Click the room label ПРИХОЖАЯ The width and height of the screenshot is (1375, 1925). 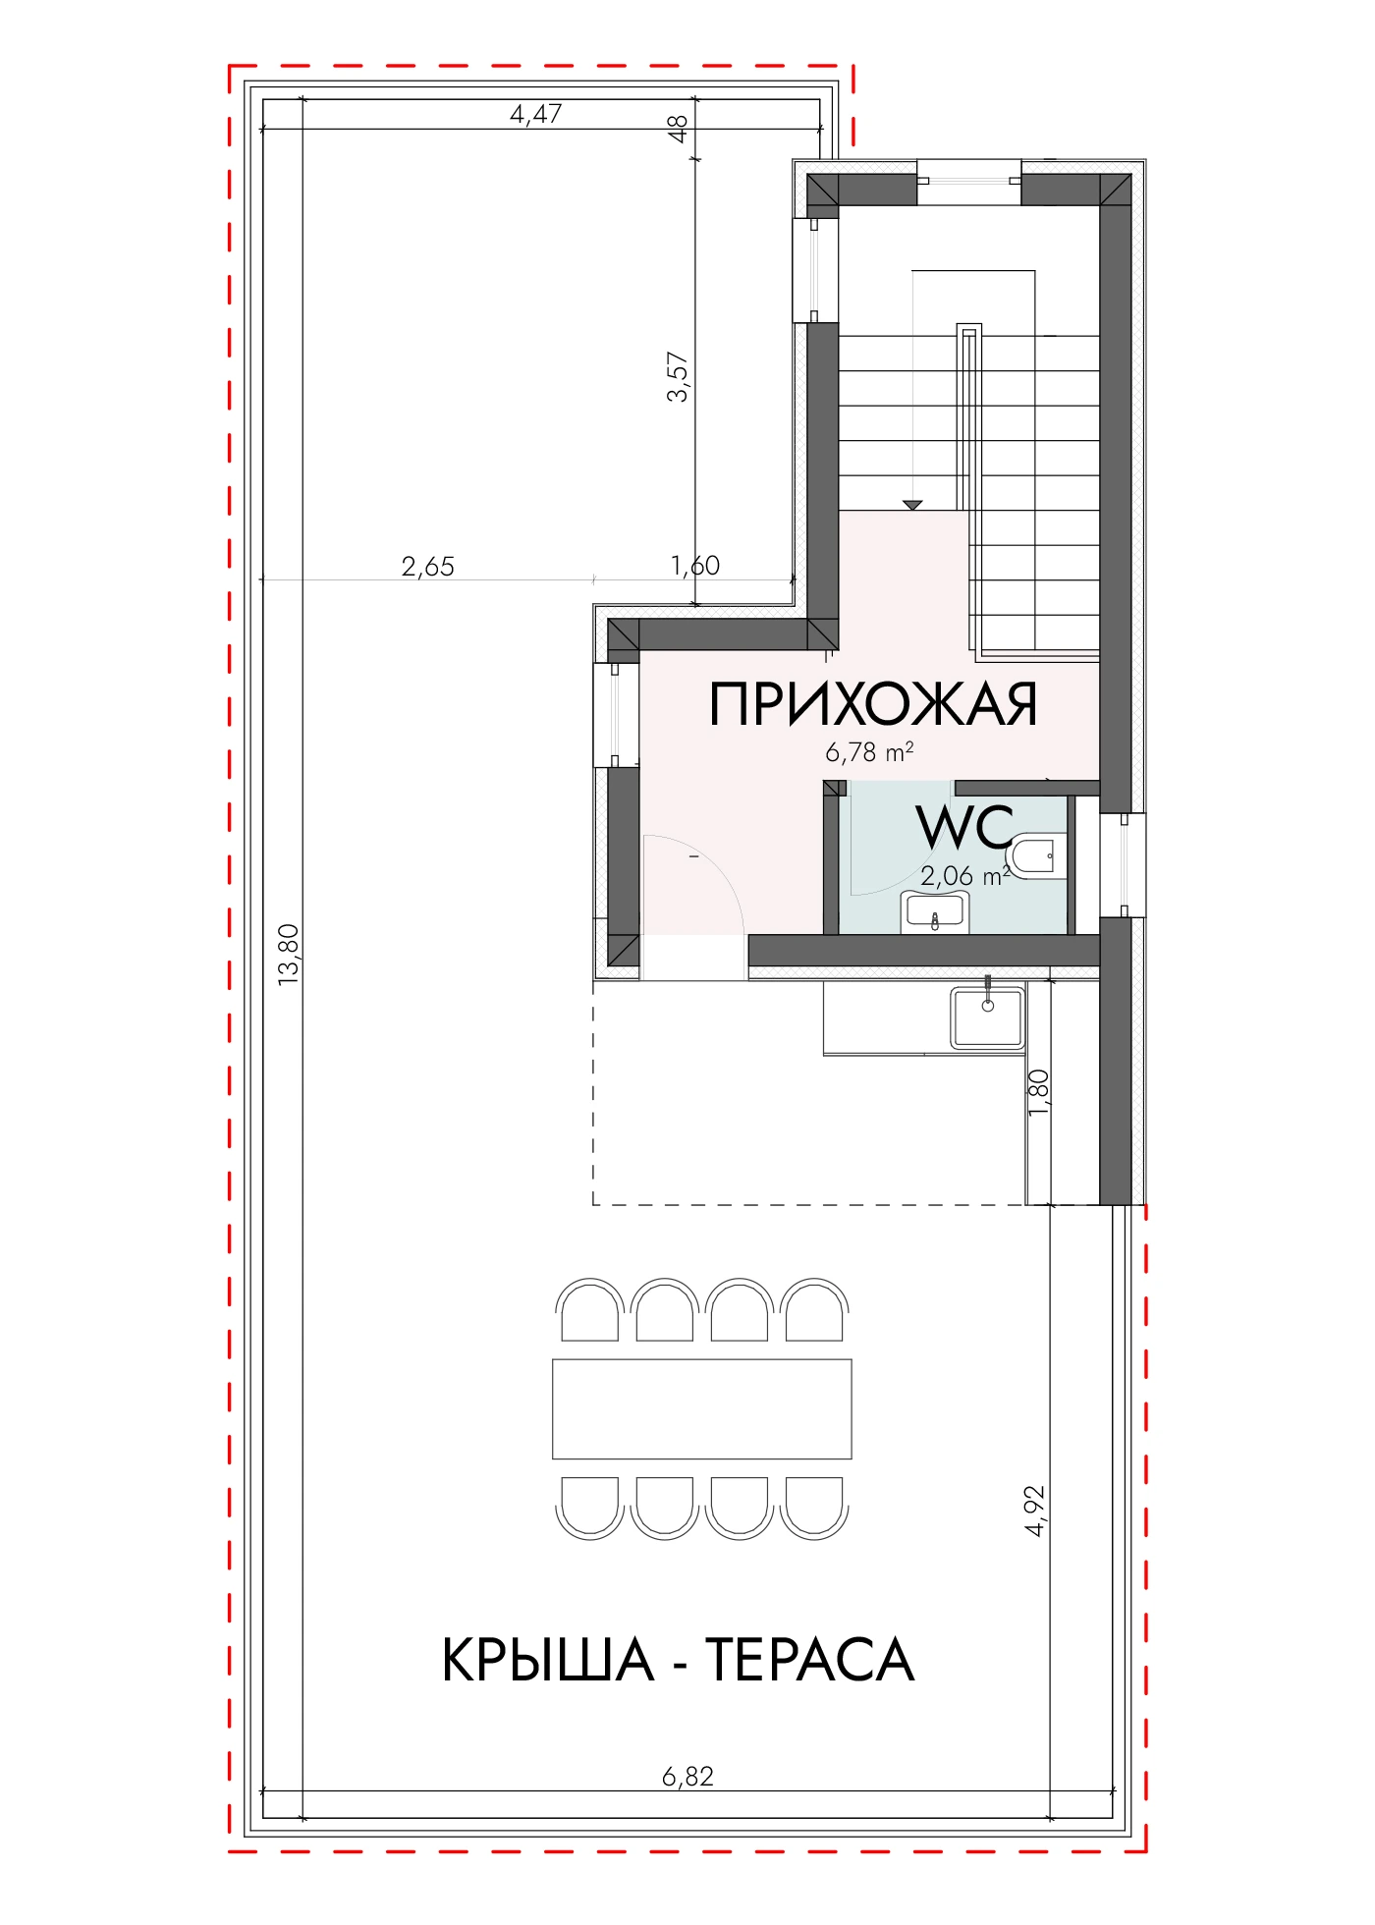coord(873,704)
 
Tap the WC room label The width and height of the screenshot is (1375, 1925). coord(965,827)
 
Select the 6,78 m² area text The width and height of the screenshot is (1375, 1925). coord(869,752)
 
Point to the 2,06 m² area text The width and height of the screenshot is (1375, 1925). coord(964,875)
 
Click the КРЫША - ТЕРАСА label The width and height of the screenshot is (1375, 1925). coord(678,1661)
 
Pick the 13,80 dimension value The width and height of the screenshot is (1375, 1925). coord(288,954)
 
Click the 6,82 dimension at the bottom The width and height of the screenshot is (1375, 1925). coord(687,1776)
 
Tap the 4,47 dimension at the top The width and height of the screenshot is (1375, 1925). coord(535,114)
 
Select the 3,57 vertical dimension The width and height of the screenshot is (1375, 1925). coord(679,377)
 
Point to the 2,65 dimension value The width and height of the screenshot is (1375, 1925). coord(428,567)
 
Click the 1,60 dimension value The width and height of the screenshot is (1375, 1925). coord(695,566)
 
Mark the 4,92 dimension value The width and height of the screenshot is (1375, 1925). coord(1035,1511)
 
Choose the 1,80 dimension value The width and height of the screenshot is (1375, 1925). coord(1039,1091)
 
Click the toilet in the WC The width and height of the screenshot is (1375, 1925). coord(1035,855)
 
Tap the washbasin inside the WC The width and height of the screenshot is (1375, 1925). coord(936,911)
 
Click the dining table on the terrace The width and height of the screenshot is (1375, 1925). coord(702,1408)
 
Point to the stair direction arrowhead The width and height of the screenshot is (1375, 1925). coord(913,505)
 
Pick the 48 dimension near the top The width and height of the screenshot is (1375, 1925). coord(678,129)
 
